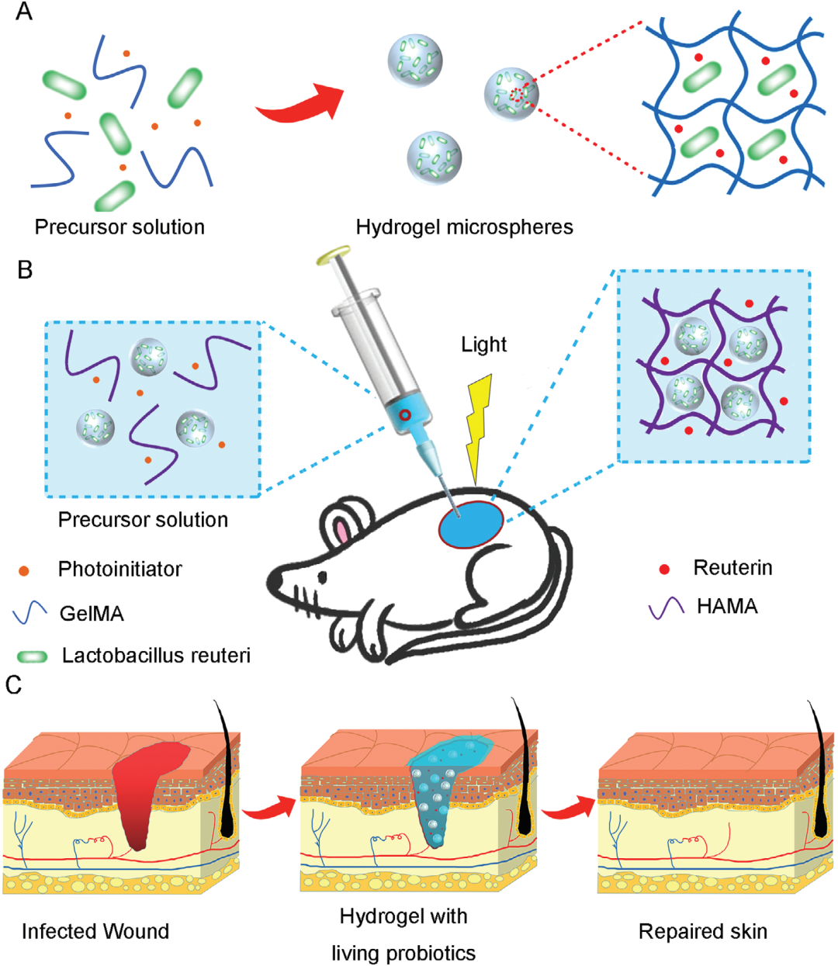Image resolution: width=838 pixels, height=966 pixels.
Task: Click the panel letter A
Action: pyautogui.click(x=24, y=13)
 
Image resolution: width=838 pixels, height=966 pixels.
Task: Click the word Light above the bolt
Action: pyautogui.click(x=483, y=345)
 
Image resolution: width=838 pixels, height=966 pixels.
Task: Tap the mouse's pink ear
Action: pyautogui.click(x=341, y=531)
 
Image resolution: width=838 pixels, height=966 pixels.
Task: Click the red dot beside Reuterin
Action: pyautogui.click(x=664, y=570)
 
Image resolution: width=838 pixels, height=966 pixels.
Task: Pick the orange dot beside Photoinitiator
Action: pyautogui.click(x=24, y=571)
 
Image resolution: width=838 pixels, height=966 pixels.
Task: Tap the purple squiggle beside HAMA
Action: pyautogui.click(x=667, y=607)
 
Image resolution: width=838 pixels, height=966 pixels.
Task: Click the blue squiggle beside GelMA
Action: pyautogui.click(x=30, y=614)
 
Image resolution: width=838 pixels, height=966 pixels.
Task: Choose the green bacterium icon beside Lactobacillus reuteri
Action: pyautogui.click(x=32, y=656)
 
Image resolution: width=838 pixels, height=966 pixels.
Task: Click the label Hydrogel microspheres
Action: pyautogui.click(x=464, y=227)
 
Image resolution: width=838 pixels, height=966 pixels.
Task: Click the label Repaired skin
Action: pyautogui.click(x=703, y=931)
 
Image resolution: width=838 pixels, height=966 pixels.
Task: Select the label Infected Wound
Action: pyautogui.click(x=95, y=931)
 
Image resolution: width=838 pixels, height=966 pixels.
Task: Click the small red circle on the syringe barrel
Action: pyautogui.click(x=404, y=416)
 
